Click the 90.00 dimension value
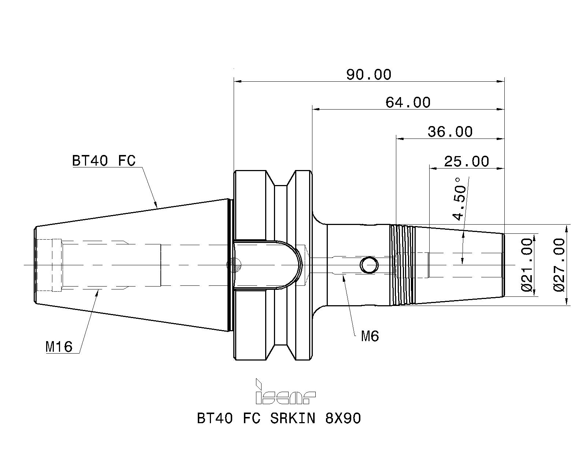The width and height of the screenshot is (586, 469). click(x=369, y=74)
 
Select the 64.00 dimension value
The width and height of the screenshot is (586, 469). click(x=408, y=103)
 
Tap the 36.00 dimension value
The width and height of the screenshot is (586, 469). click(x=450, y=132)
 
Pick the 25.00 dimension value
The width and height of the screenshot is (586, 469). click(x=467, y=162)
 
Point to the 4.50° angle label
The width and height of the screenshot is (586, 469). click(x=459, y=199)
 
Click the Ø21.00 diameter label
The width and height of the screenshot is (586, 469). click(x=527, y=265)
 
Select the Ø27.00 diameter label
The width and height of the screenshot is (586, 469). click(x=559, y=265)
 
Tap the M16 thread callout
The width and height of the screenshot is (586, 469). click(x=59, y=347)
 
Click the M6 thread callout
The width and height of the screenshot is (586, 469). click(x=370, y=336)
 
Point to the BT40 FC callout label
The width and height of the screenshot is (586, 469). click(x=104, y=160)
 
